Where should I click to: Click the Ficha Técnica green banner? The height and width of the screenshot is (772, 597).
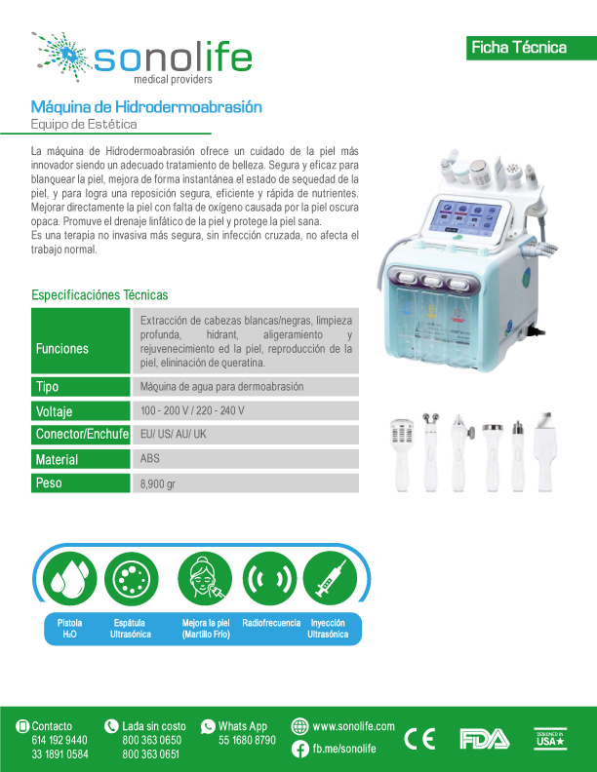tap(532, 48)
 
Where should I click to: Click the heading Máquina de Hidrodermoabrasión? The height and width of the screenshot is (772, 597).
tap(146, 107)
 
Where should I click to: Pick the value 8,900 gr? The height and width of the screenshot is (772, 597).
tap(158, 483)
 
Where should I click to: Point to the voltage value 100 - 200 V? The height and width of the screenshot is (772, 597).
tap(162, 410)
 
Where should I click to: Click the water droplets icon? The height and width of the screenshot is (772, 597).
tap(69, 578)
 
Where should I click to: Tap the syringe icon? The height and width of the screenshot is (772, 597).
tap(330, 578)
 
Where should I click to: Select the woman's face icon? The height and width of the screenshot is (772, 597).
tap(205, 578)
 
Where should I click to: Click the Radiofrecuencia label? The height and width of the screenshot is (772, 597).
tap(271, 623)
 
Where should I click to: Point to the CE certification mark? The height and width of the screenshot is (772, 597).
tap(419, 739)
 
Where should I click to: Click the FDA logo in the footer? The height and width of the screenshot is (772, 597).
tap(485, 739)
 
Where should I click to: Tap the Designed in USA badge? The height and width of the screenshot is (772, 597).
tap(550, 739)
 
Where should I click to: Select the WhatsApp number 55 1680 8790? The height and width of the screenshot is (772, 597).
tap(247, 740)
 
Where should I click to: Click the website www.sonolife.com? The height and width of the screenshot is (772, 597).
tap(354, 726)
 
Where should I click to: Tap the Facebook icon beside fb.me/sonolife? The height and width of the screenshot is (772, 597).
tap(300, 749)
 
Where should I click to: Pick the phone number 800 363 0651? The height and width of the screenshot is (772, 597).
tap(151, 753)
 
